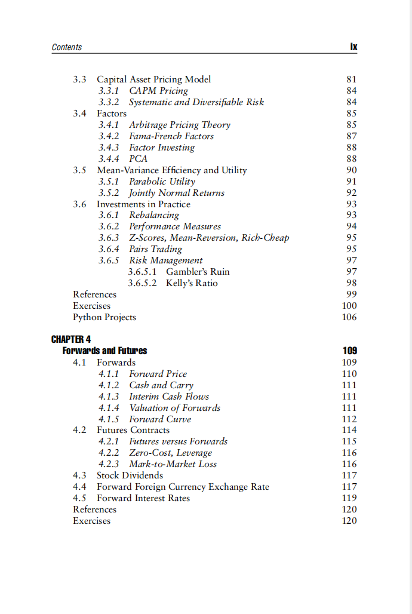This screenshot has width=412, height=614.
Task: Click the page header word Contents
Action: pyautogui.click(x=67, y=47)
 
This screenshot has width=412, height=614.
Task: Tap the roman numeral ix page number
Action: pyautogui.click(x=353, y=47)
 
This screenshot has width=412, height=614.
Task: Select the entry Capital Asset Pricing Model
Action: pyautogui.click(x=153, y=79)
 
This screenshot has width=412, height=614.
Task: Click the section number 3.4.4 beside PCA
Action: pyautogui.click(x=109, y=159)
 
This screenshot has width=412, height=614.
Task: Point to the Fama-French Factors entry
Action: pyautogui.click(x=171, y=136)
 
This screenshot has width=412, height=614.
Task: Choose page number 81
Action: pyautogui.click(x=352, y=79)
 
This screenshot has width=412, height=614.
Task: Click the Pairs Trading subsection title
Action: pyautogui.click(x=155, y=249)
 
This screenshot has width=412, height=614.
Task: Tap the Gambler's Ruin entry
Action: pyautogui.click(x=198, y=272)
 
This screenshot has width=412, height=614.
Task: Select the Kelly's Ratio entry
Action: pyautogui.click(x=192, y=283)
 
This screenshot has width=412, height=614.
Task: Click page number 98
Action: pyautogui.click(x=352, y=283)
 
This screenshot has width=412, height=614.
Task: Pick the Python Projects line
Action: pyautogui.click(x=104, y=317)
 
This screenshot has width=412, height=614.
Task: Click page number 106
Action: pyautogui.click(x=349, y=317)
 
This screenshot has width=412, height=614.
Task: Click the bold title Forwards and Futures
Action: pyautogui.click(x=104, y=351)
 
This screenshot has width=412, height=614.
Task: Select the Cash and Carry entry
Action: pyautogui.click(x=161, y=385)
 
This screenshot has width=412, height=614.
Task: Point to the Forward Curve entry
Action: pyautogui.click(x=160, y=419)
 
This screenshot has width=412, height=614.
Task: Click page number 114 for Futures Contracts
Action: pyautogui.click(x=349, y=430)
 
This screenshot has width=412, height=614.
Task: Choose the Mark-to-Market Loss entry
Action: pyautogui.click(x=173, y=464)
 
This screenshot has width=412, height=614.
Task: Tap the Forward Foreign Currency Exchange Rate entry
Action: pyautogui.click(x=183, y=487)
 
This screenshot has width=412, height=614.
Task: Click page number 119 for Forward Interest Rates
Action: pyautogui.click(x=349, y=498)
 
